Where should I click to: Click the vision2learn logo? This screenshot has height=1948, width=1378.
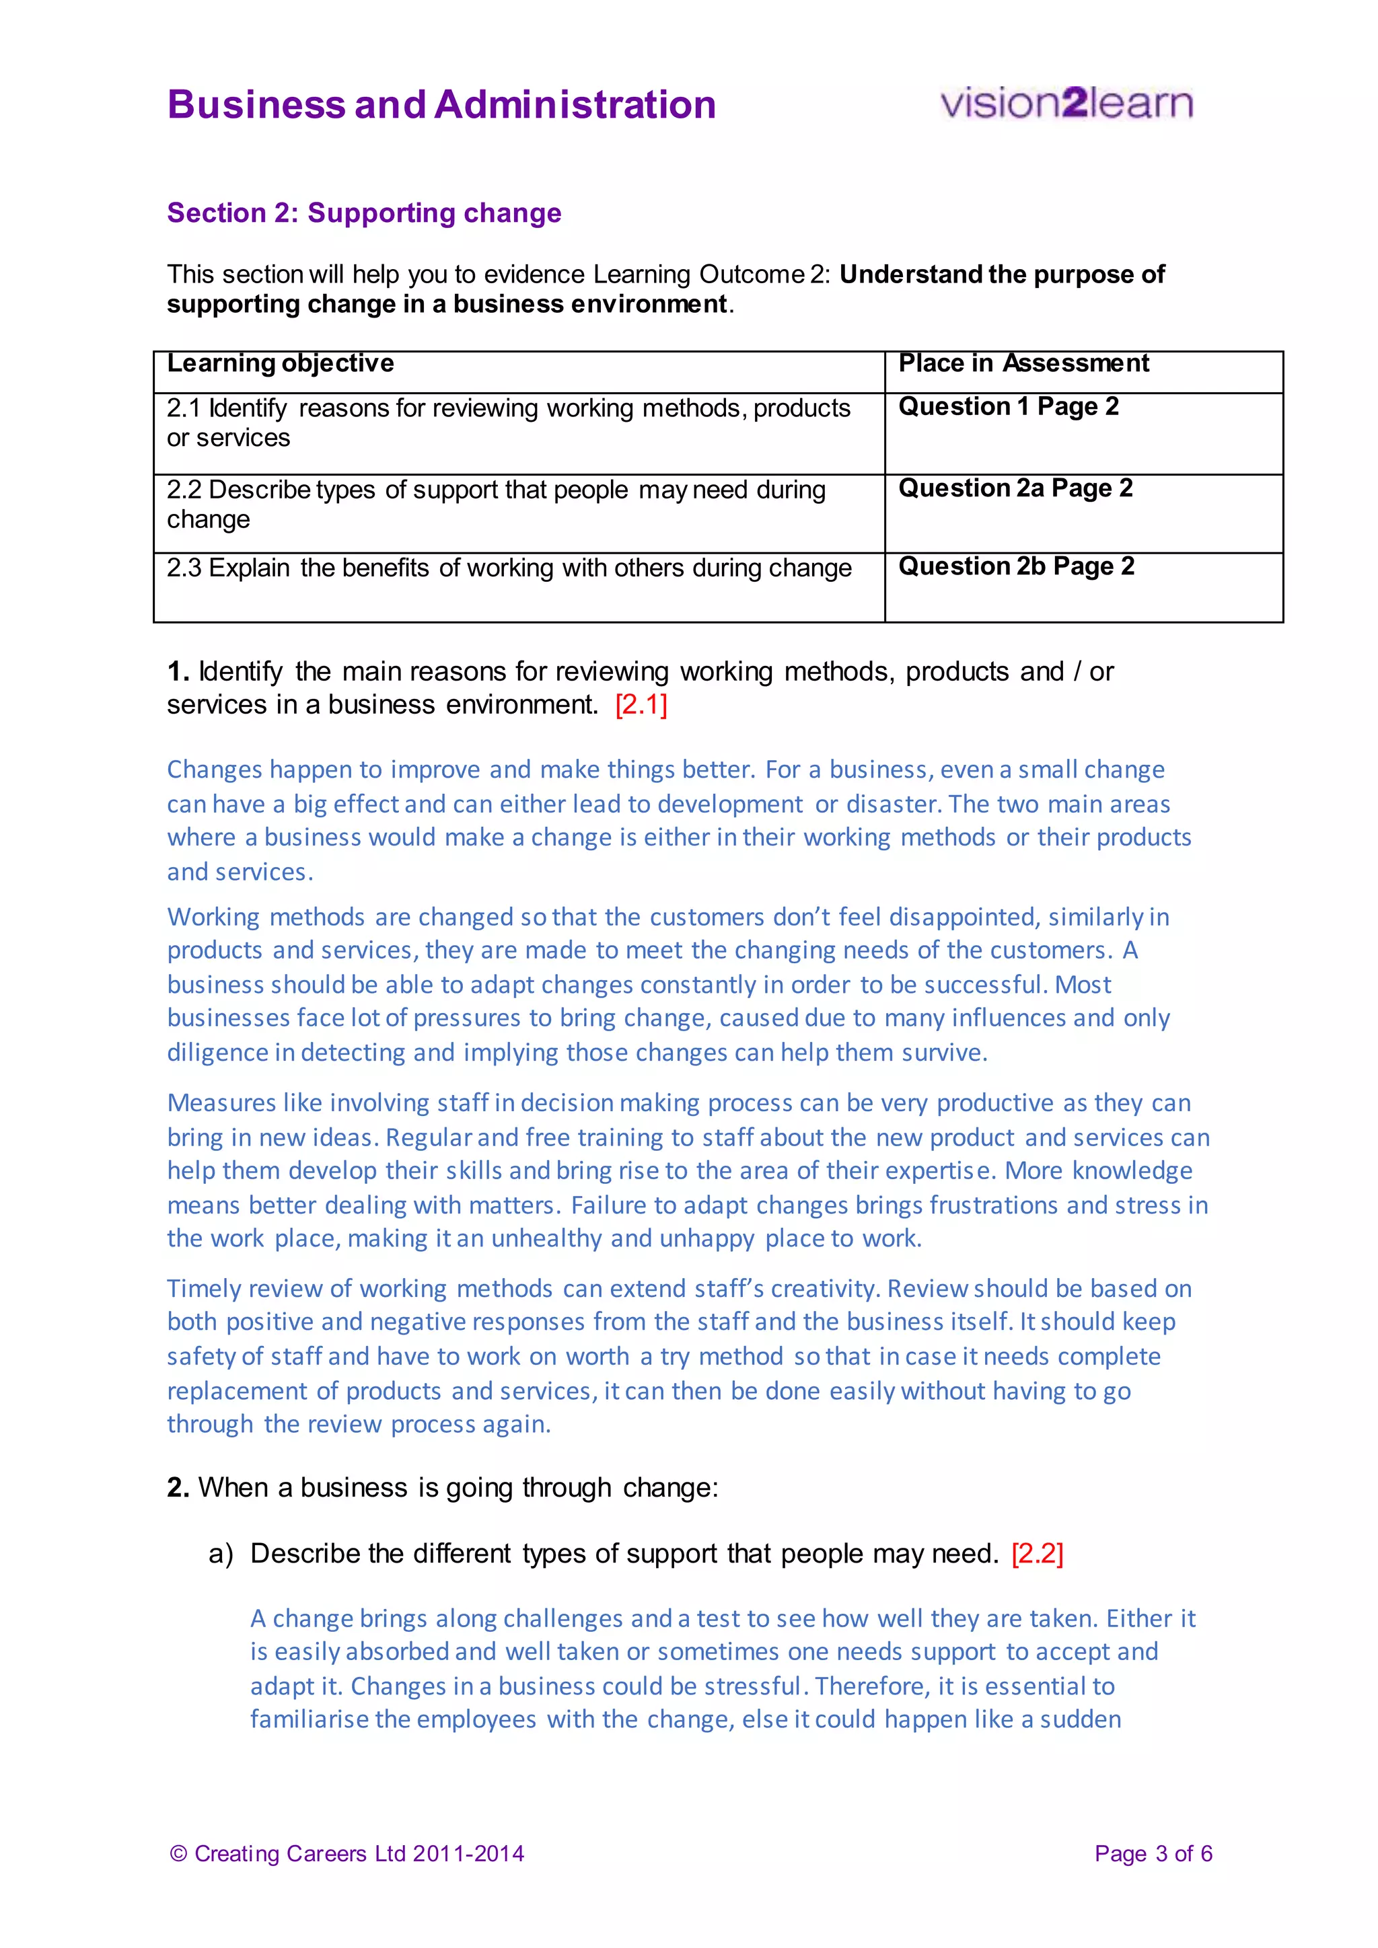click(1066, 104)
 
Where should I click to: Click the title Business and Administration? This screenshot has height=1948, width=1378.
click(441, 105)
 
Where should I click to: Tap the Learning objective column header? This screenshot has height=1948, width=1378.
click(280, 363)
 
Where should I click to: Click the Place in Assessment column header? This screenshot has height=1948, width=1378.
click(1023, 363)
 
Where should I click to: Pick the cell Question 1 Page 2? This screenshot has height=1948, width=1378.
click(1008, 406)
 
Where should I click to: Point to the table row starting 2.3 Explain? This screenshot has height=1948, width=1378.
click(509, 568)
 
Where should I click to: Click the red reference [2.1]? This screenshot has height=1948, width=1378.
click(641, 704)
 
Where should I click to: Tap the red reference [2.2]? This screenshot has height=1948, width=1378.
click(1037, 1553)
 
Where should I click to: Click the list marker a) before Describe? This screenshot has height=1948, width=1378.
click(221, 1553)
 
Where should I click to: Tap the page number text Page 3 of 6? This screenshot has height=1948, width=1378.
click(1153, 1853)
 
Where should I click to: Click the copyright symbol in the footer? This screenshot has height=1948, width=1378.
click(178, 1853)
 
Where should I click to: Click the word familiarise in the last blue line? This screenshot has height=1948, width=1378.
click(309, 1719)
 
